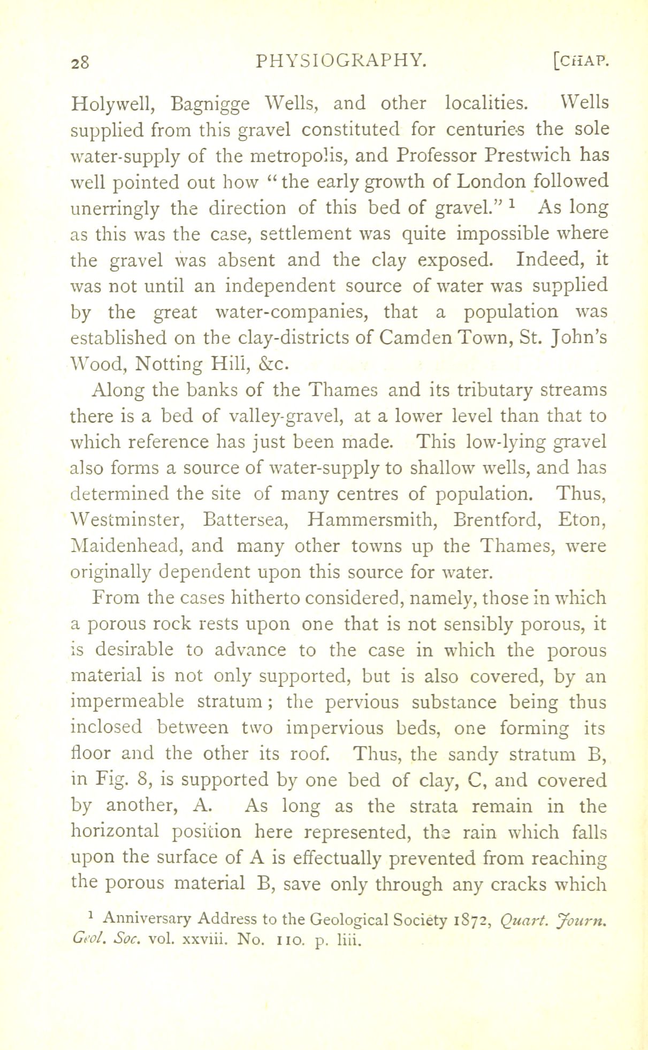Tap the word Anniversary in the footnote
click(x=147, y=919)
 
